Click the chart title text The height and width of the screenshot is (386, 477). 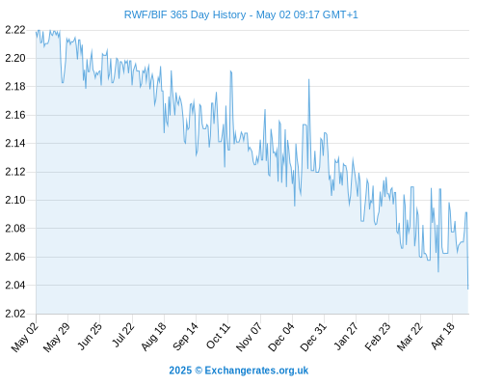(x=241, y=14)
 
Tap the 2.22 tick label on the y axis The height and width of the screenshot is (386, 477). (x=15, y=30)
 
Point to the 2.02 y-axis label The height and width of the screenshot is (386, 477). (x=15, y=314)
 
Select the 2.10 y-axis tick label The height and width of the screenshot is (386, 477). (x=15, y=200)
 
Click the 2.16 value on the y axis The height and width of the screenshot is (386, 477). (x=15, y=115)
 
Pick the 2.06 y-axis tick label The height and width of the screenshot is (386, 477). (x=15, y=257)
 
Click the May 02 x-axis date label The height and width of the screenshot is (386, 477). (x=25, y=337)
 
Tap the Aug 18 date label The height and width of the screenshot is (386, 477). (x=154, y=336)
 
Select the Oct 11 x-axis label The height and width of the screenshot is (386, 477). (x=219, y=336)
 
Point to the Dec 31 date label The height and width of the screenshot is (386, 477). (x=313, y=337)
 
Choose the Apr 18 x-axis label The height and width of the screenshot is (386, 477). (x=443, y=336)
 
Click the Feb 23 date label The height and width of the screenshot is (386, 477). (x=378, y=336)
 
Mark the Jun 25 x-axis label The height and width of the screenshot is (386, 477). (x=90, y=336)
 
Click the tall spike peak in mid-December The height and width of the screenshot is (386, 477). (x=309, y=79)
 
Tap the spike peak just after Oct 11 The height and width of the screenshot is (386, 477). (x=230, y=71)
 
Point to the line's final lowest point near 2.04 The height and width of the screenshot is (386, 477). (x=467, y=289)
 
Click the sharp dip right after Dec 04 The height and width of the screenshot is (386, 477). (x=295, y=206)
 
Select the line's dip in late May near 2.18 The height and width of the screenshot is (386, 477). (x=63, y=83)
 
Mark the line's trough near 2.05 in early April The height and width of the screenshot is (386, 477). (x=438, y=272)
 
